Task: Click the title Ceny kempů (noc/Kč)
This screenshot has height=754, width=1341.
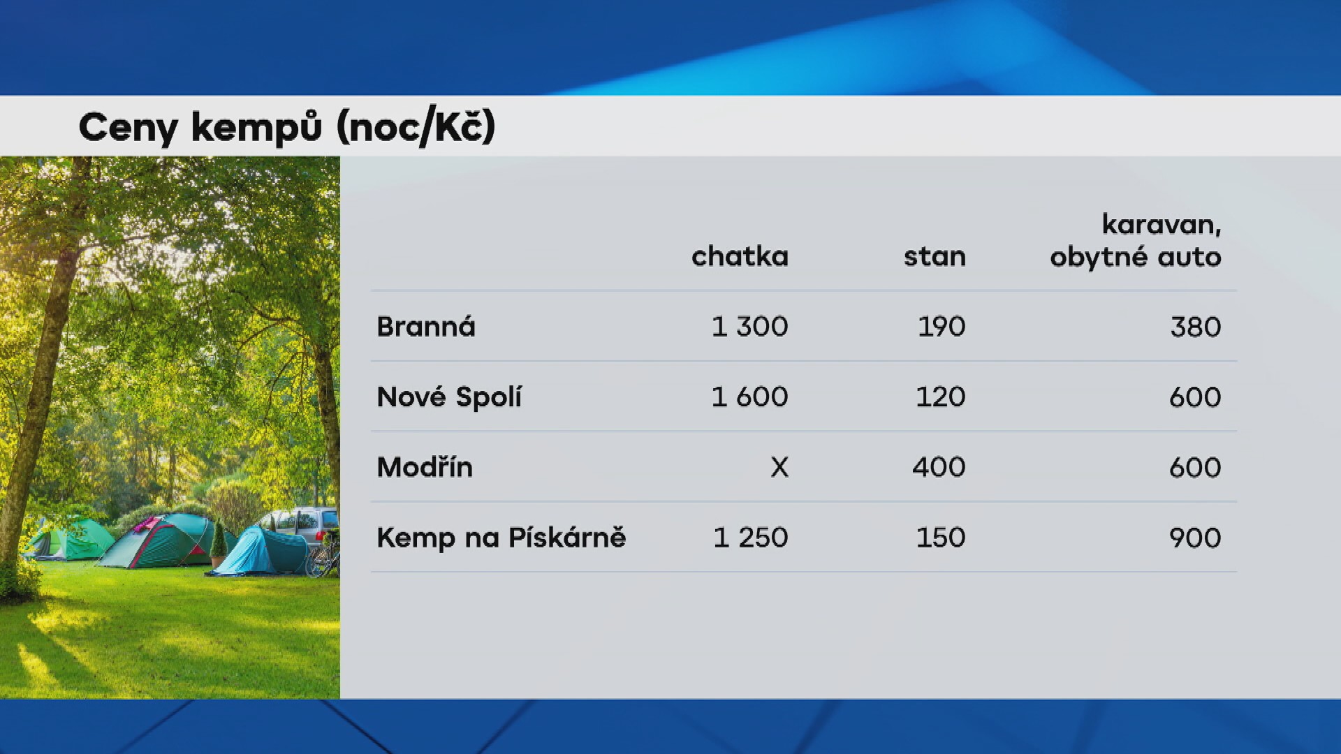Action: tap(286, 128)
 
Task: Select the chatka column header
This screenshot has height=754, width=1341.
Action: tap(740, 257)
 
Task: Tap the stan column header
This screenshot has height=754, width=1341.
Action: tap(935, 257)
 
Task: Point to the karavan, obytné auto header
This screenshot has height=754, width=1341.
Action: tap(1136, 241)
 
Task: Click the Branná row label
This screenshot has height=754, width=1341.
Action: tap(425, 327)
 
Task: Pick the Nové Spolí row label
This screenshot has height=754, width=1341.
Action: tap(449, 397)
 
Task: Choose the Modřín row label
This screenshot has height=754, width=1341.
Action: tap(425, 467)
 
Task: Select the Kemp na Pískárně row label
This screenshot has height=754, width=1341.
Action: tap(501, 538)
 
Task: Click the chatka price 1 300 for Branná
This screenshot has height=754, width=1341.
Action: tap(749, 327)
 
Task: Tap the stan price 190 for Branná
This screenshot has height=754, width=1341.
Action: tap(941, 327)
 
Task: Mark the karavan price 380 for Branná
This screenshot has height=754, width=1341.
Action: tap(1195, 327)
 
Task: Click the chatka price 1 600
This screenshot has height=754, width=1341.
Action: tap(749, 397)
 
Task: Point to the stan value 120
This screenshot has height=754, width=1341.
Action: tap(940, 397)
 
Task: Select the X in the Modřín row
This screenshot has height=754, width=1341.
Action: tap(779, 467)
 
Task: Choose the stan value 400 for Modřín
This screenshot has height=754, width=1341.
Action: tap(939, 467)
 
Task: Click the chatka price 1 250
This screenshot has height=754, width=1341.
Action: tap(750, 538)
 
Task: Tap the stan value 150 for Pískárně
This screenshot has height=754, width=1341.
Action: tap(940, 538)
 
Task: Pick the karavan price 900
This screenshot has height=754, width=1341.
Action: tap(1195, 538)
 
